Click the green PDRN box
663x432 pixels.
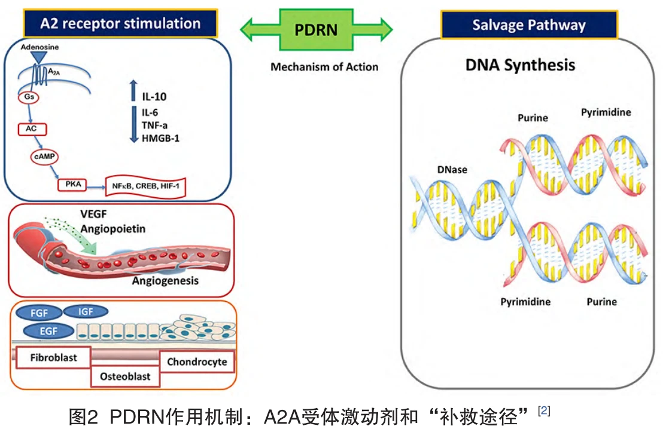click(x=317, y=29)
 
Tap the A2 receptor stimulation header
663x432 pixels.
click(x=120, y=23)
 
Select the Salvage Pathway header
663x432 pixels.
click(x=529, y=25)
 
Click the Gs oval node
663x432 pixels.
click(x=29, y=97)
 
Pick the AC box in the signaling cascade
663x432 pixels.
click(x=32, y=129)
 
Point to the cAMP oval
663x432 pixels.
click(x=44, y=157)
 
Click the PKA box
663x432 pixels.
click(x=72, y=185)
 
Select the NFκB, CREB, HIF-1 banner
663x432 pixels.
click(x=145, y=186)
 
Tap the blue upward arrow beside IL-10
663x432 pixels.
click(x=133, y=90)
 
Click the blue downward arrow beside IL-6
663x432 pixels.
click(x=134, y=124)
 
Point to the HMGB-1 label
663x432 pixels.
click(x=161, y=138)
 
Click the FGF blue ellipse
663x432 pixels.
click(x=39, y=313)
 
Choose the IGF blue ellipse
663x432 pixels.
click(x=86, y=312)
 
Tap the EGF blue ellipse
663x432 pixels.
click(x=48, y=331)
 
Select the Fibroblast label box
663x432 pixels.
click(x=53, y=357)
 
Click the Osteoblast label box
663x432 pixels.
click(x=125, y=376)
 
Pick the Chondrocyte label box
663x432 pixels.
click(x=197, y=361)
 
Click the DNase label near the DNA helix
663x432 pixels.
click(x=452, y=170)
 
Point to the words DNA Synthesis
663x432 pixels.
click(x=520, y=65)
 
